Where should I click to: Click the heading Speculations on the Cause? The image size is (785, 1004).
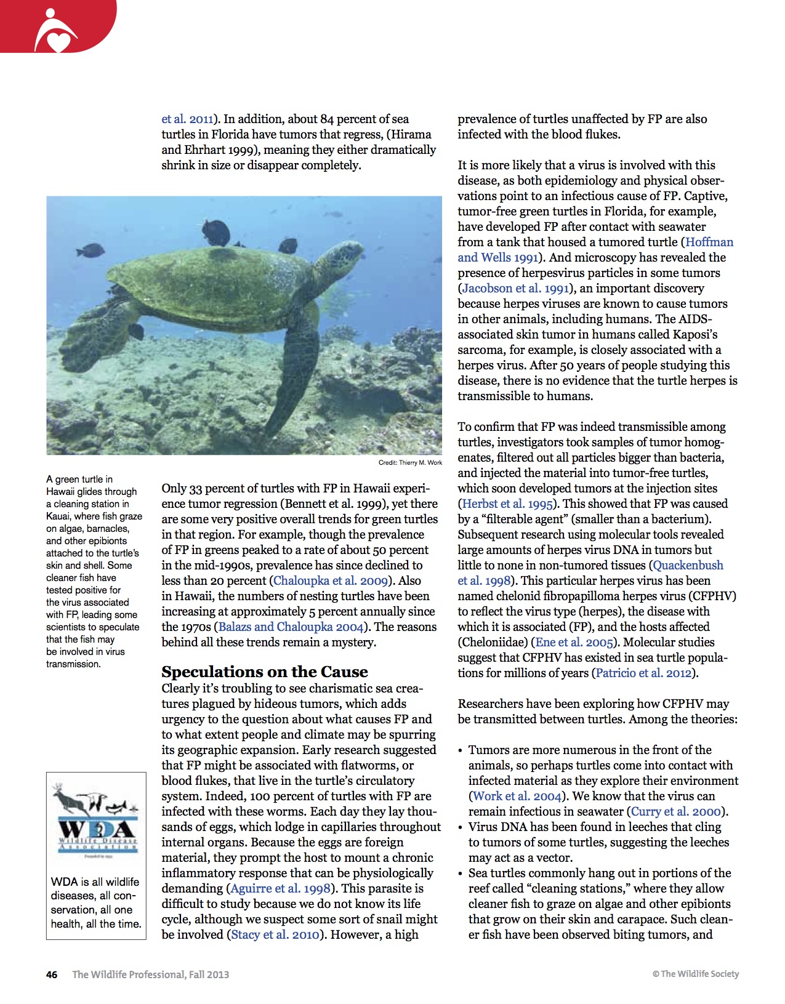[265, 672]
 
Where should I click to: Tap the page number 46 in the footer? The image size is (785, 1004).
[52, 974]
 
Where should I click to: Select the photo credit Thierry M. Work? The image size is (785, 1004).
[410, 462]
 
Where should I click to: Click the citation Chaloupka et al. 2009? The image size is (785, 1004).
[330, 581]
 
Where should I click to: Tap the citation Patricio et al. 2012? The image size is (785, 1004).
[644, 673]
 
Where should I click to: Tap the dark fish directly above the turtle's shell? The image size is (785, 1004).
[216, 233]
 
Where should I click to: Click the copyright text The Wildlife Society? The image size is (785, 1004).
[696, 974]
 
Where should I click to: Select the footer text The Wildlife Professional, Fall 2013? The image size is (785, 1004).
[150, 974]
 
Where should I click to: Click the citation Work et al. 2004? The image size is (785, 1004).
[516, 797]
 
